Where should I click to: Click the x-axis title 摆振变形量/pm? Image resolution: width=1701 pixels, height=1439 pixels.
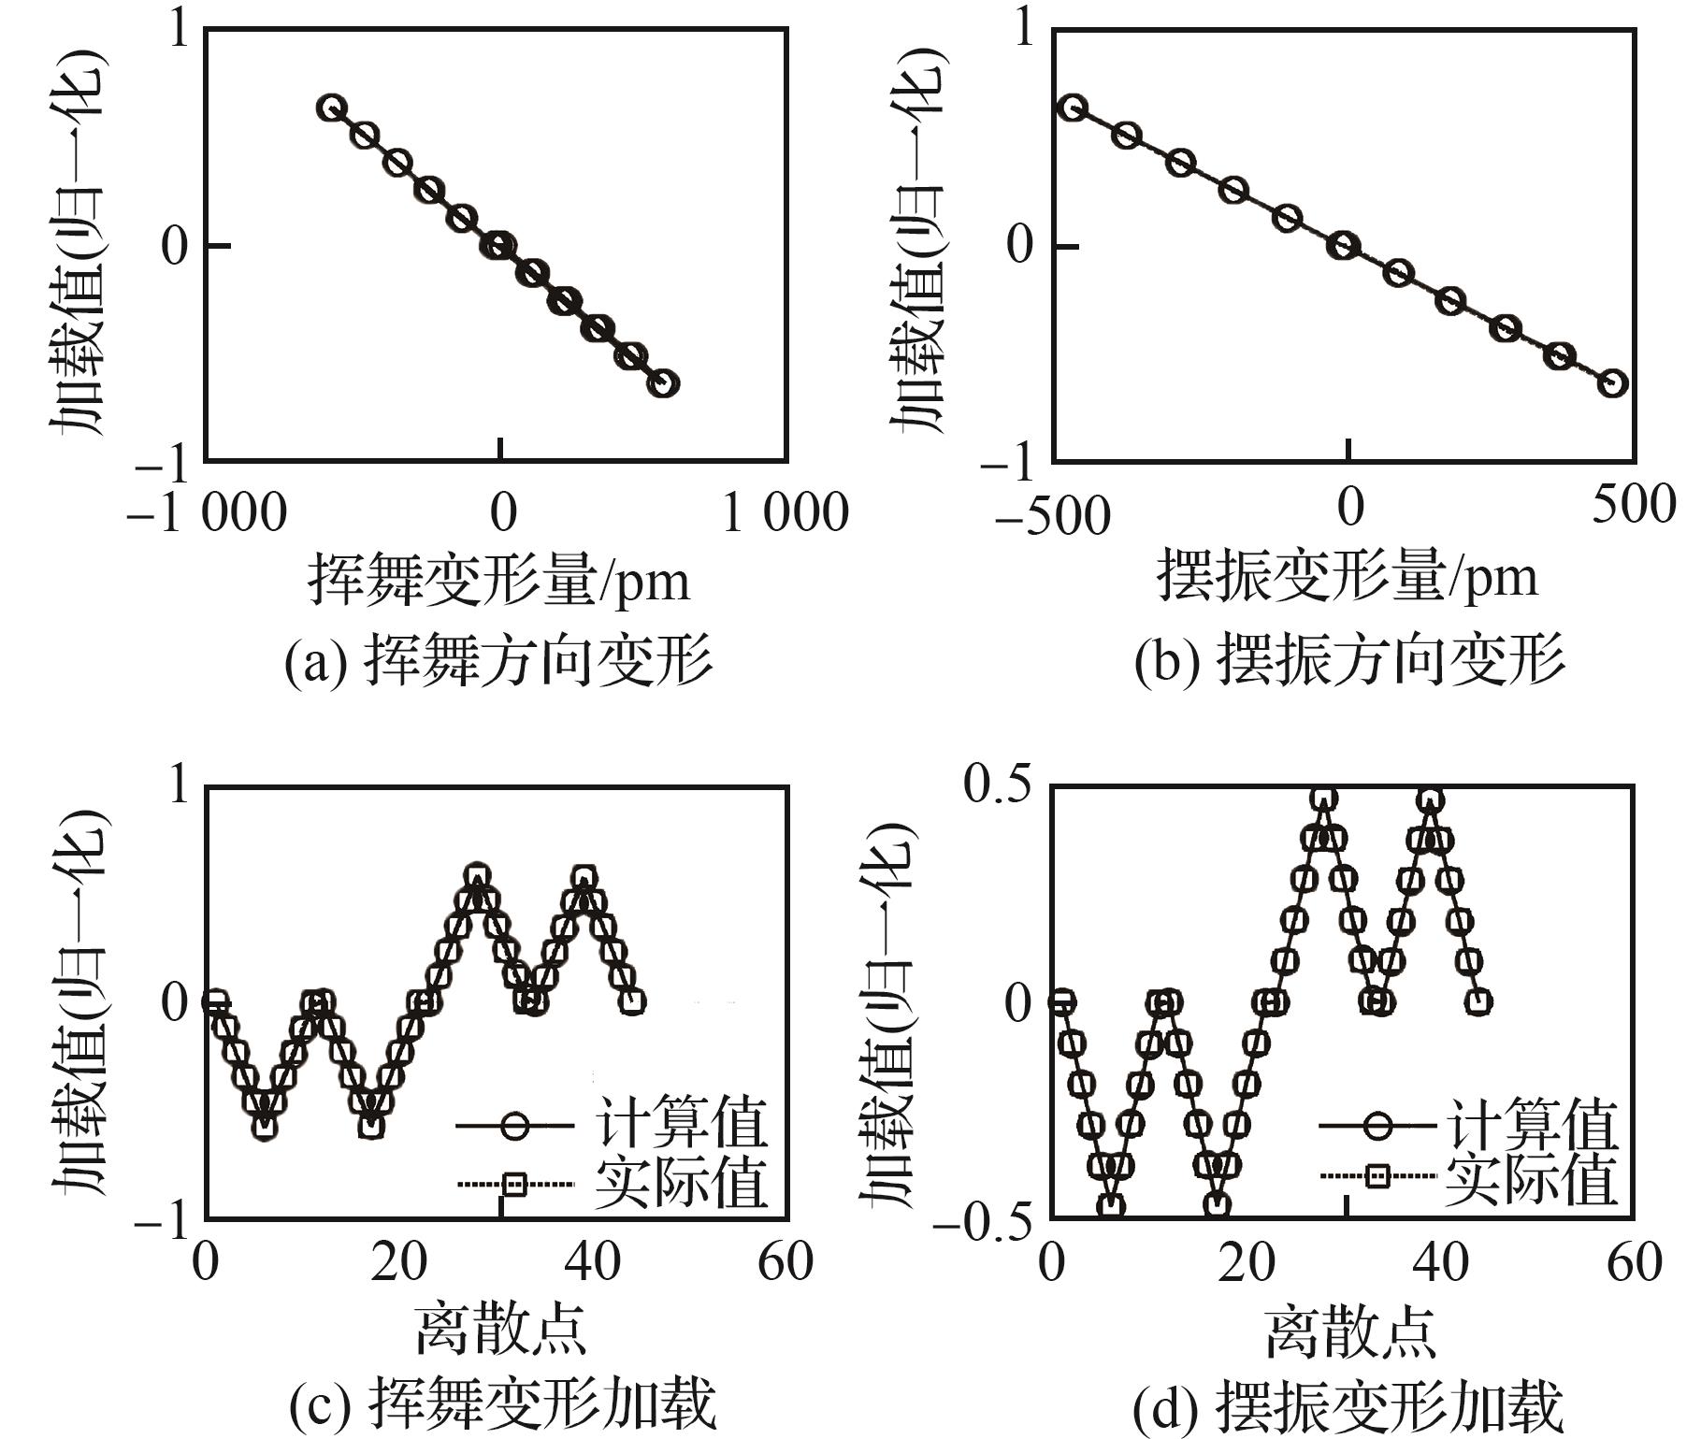coord(1348,576)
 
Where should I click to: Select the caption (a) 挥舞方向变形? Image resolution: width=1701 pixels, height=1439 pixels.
coord(498,662)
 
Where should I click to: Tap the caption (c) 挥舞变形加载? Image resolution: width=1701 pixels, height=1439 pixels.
coord(502,1405)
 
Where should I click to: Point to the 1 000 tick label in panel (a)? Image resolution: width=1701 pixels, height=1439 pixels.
coord(785,512)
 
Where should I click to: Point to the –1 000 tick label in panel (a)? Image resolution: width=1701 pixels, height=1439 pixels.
coord(207,512)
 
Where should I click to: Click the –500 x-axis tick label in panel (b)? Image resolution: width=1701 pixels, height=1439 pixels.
coord(1053,515)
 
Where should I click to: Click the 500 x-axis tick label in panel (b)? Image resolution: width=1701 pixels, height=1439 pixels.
coord(1634,505)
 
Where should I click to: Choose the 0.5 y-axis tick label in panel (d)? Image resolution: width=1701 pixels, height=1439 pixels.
coord(998,784)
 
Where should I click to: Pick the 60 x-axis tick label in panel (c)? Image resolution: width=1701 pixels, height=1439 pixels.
coord(786,1261)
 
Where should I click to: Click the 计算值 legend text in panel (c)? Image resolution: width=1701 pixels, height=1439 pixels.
coord(681,1123)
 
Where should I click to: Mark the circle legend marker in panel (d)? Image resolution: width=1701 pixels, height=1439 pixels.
coord(1377,1124)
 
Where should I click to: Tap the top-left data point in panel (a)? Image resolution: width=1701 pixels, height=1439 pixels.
coord(331,108)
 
